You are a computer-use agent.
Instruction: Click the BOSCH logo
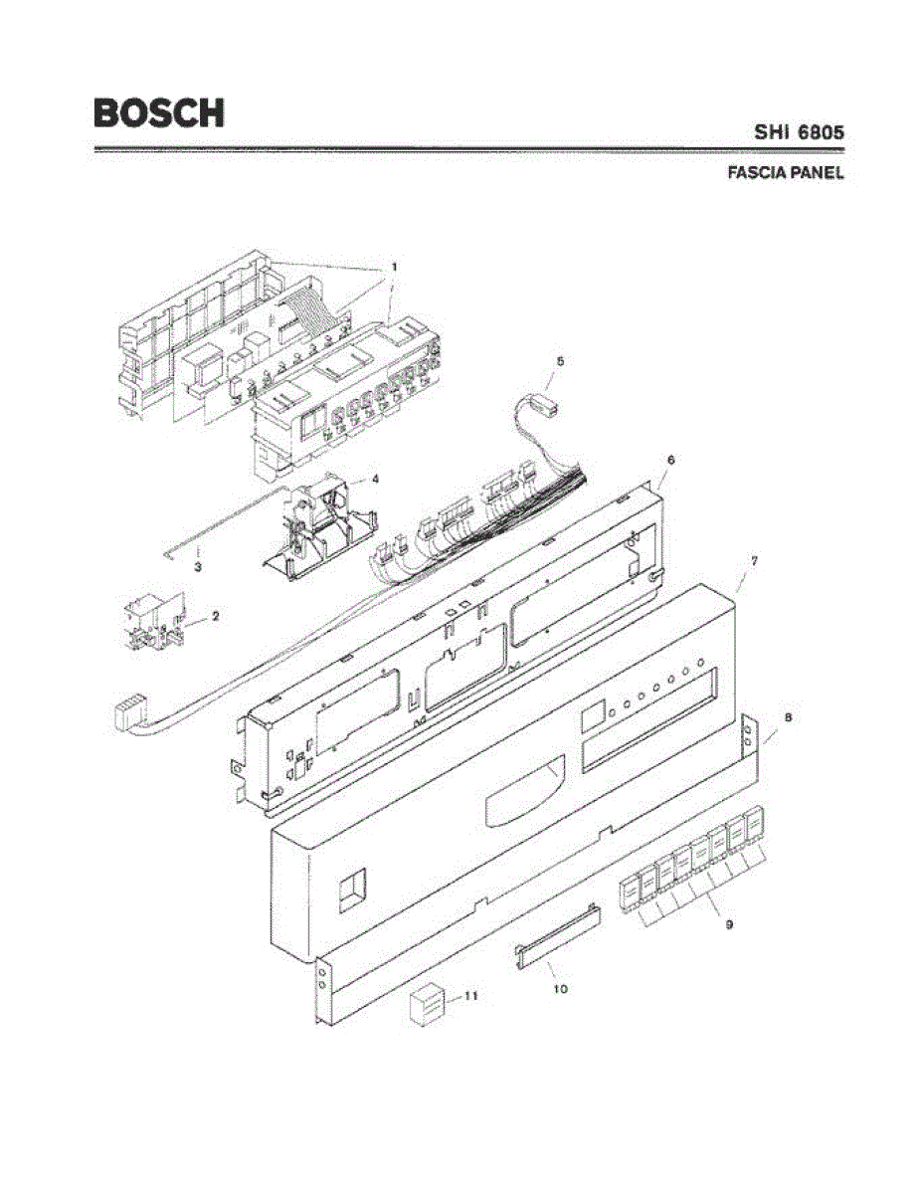[x=158, y=111]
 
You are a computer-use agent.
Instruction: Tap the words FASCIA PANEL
[x=786, y=172]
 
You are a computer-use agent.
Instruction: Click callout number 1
[x=394, y=267]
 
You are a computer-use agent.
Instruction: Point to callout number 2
[x=215, y=616]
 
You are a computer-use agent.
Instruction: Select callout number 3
[x=198, y=566]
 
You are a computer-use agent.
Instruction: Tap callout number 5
[x=560, y=362]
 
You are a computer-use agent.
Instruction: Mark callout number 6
[x=670, y=460]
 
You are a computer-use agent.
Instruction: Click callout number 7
[x=754, y=561]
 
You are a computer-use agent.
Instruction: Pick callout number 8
[x=788, y=716]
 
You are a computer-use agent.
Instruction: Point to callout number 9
[x=729, y=924]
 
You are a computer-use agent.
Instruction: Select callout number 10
[x=560, y=989]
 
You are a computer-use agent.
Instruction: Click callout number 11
[x=471, y=995]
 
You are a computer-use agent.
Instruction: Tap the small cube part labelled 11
[x=426, y=1004]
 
